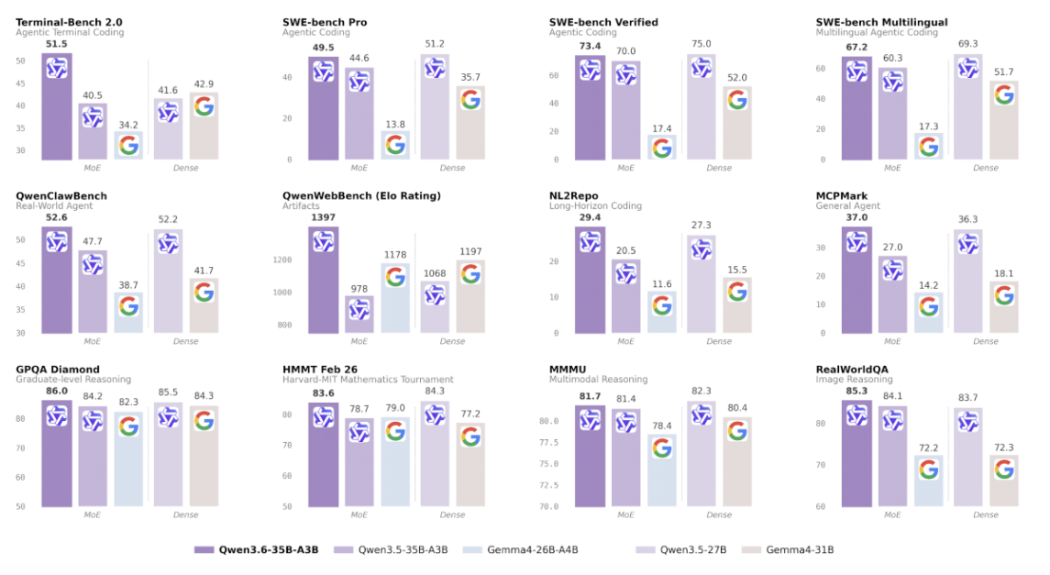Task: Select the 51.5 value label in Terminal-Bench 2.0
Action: (56, 43)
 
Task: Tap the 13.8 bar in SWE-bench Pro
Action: (395, 145)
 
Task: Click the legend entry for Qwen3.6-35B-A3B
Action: (256, 549)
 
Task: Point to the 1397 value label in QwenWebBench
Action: (323, 216)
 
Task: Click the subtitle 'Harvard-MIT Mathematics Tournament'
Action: (368, 380)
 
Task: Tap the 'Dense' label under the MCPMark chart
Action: (986, 341)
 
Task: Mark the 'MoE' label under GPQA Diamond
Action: (93, 514)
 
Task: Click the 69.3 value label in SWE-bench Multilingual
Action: (967, 44)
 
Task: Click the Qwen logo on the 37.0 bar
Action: (857, 241)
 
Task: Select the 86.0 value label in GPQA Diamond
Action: (56, 391)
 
